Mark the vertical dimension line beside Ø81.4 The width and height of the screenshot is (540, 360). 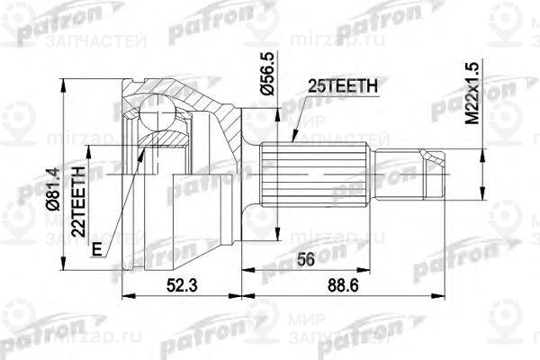(x=65, y=171)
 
